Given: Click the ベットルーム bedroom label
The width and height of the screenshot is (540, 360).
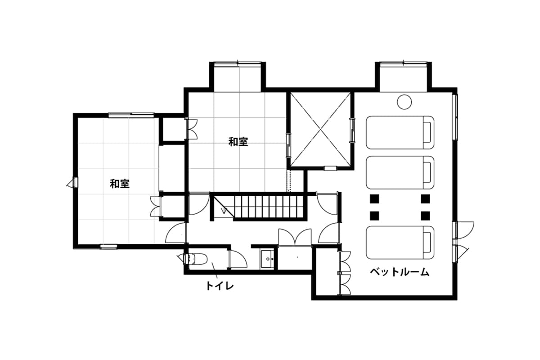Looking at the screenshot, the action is [x=400, y=272].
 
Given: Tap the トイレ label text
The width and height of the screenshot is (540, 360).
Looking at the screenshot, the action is [x=220, y=286].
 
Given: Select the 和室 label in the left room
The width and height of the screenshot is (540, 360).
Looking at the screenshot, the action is [x=120, y=184].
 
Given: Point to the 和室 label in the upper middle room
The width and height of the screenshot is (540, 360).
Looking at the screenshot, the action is [x=238, y=142].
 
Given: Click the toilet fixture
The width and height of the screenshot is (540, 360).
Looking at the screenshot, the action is [x=195, y=259].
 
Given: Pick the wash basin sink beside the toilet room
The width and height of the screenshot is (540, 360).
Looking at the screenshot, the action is [x=267, y=260].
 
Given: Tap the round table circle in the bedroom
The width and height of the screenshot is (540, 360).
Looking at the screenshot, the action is [x=404, y=102].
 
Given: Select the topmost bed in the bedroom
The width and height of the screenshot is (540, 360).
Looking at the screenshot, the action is [x=400, y=132].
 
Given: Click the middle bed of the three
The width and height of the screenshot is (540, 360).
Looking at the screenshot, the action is [x=400, y=173].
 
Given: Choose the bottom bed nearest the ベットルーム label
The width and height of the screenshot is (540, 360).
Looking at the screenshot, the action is [x=400, y=243].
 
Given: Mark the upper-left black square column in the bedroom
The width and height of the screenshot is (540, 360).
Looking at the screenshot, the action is [x=374, y=199].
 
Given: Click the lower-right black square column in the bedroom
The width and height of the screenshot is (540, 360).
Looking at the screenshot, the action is [x=425, y=216].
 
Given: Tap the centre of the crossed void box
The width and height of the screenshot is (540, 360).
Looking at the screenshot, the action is [x=320, y=129].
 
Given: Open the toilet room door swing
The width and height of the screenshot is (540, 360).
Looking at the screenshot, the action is [x=238, y=259].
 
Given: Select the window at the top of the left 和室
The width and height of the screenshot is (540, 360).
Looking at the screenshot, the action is [x=131, y=115].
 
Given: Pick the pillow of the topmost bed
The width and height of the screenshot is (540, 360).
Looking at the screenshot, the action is [x=427, y=132].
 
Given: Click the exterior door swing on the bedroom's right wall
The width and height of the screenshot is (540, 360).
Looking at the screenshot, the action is [x=464, y=230].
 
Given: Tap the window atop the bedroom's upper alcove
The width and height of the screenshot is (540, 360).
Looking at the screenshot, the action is [x=403, y=63].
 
